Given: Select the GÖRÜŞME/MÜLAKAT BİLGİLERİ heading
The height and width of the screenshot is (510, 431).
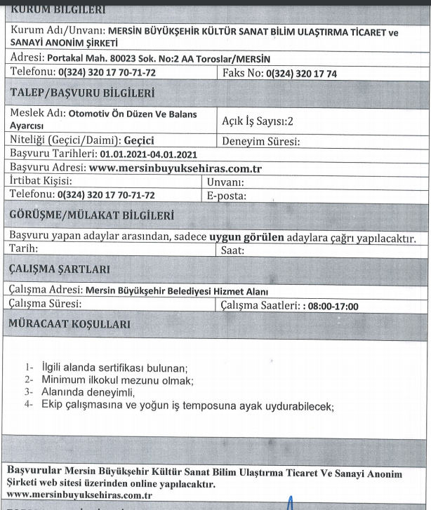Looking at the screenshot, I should click(x=91, y=214).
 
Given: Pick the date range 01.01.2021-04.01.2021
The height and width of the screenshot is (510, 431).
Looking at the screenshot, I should click(x=148, y=154).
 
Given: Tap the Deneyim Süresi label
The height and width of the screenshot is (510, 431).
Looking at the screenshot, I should click(x=261, y=140).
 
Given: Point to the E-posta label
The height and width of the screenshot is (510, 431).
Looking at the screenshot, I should click(x=227, y=194).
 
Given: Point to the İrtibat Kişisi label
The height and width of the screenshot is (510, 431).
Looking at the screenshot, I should click(x=41, y=181).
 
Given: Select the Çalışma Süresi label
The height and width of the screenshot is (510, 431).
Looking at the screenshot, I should click(x=46, y=304).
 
